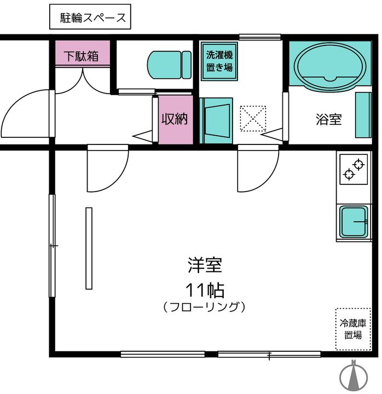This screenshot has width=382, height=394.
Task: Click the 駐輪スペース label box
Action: tap(90, 16)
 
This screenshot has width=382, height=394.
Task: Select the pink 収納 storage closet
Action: tap(176, 120)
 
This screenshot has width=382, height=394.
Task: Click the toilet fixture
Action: tap(170, 65)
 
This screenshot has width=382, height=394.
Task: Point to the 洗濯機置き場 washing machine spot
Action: tap(219, 61)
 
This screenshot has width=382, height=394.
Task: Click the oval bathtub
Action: tap(330, 67)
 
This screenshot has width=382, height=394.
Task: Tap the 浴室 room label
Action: tap(329, 119)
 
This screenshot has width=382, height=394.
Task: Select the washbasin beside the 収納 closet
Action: tap(216, 120)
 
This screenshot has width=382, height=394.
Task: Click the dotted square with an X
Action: tap(253, 118)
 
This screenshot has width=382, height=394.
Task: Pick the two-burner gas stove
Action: tap(354, 169)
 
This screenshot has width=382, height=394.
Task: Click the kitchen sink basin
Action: tap(354, 222)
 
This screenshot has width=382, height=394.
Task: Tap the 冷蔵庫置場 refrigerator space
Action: tap(354, 329)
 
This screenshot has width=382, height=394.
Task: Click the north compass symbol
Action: tap(354, 376)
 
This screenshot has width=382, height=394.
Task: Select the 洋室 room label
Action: tap(205, 265)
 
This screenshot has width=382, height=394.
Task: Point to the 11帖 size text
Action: tap(205, 290)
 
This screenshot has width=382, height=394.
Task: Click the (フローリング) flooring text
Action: tap(204, 307)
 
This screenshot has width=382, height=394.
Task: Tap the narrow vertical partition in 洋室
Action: tap(89, 248)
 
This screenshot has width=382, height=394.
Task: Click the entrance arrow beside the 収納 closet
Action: tap(142, 136)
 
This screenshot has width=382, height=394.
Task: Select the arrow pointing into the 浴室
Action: tap(272, 134)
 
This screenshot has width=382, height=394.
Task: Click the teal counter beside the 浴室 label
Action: tap(363, 115)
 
